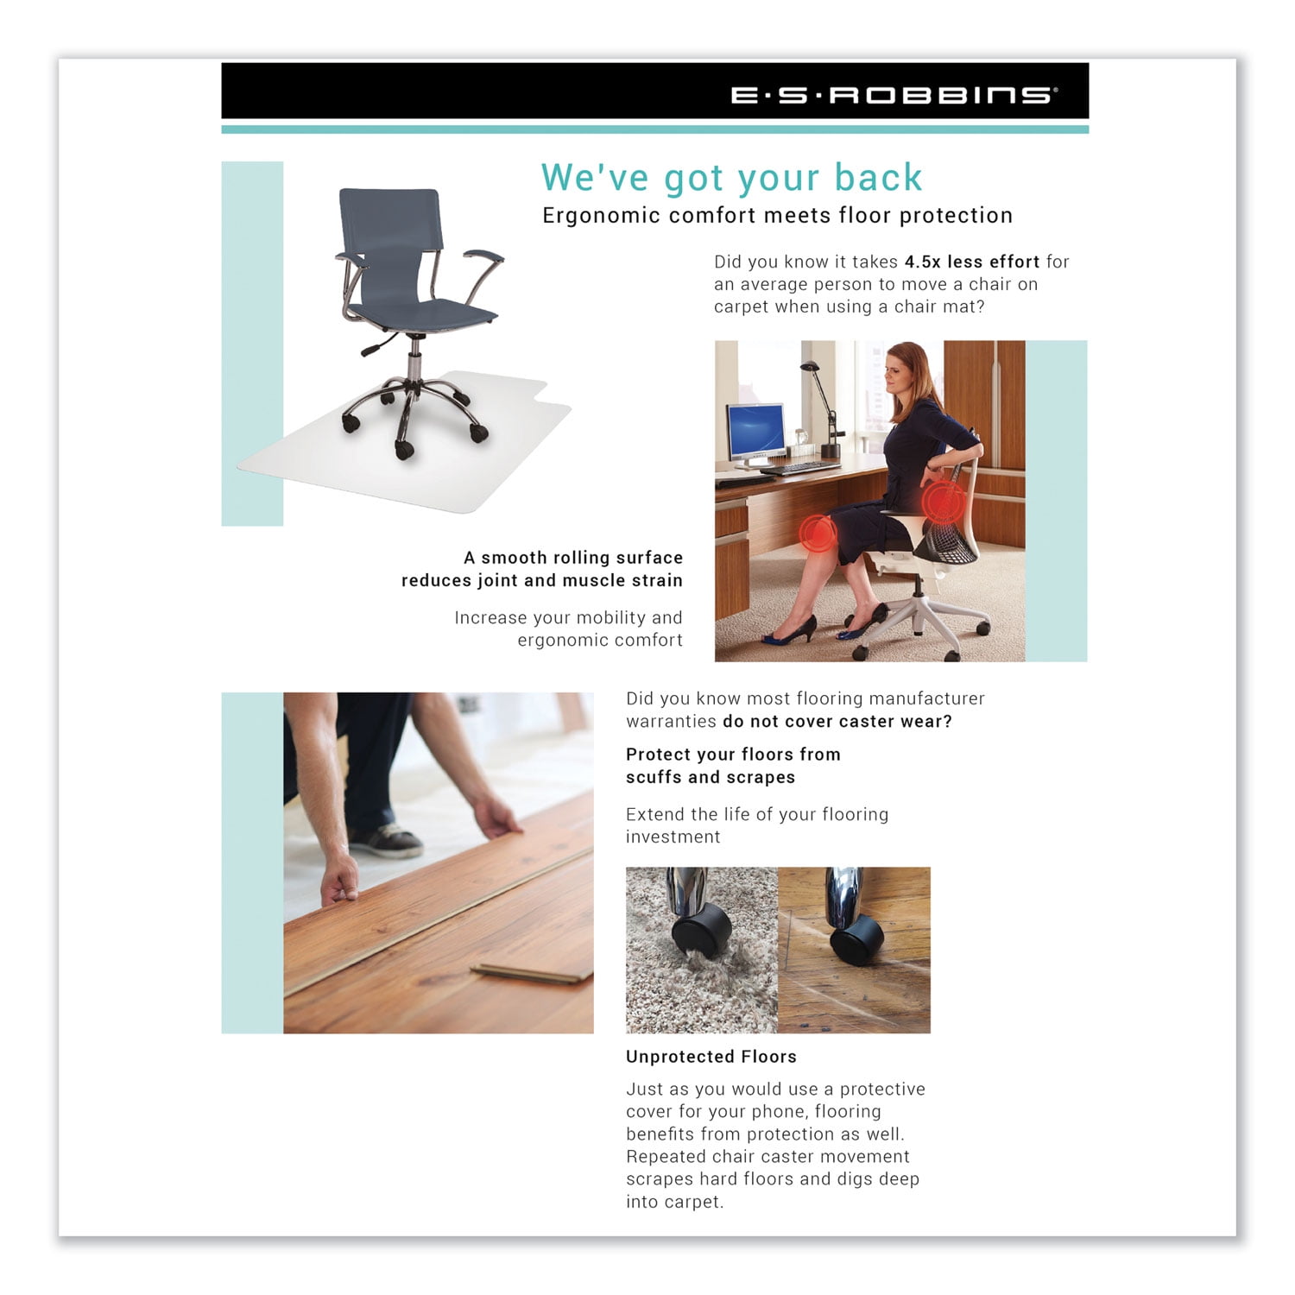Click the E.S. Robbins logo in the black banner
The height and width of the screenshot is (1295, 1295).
coord(893,94)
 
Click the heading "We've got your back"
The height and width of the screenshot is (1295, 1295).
coord(731,178)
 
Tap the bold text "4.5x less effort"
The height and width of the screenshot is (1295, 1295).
coord(971,262)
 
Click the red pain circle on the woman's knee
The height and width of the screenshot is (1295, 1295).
coord(816,533)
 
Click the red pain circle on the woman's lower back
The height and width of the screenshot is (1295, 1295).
coord(943,501)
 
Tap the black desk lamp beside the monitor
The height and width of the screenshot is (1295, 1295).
coord(827,406)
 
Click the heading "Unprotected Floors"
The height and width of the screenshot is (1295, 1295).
coord(711,1057)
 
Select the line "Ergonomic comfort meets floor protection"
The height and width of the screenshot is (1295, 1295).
coord(777,216)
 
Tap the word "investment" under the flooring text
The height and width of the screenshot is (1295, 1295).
coord(673,837)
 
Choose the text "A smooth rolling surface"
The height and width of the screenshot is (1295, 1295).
coord(572,558)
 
